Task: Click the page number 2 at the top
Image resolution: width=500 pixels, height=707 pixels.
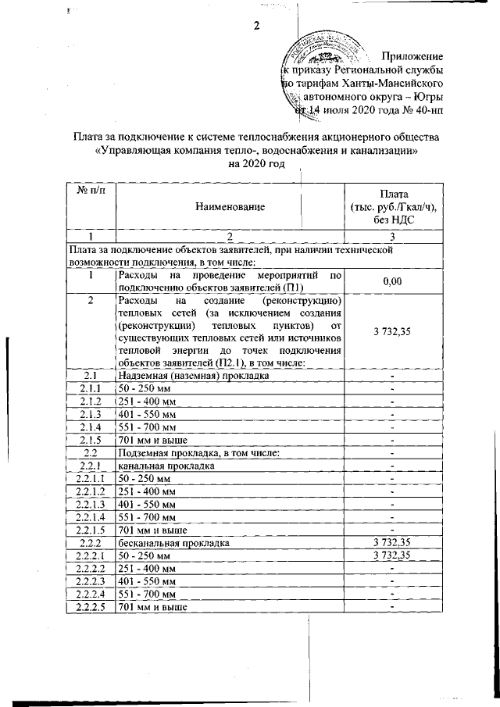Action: tap(255, 27)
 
